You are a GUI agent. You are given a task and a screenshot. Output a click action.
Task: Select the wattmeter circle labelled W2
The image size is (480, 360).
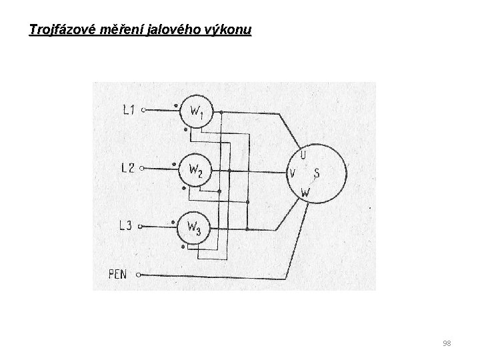pyautogui.click(x=195, y=171)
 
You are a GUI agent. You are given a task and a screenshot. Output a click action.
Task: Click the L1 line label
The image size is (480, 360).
pyautogui.click(x=129, y=110)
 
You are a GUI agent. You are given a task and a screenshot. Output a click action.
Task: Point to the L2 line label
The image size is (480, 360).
pyautogui.click(x=127, y=169)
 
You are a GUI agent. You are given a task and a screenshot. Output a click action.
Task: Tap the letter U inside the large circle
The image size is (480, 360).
pyautogui.click(x=303, y=155)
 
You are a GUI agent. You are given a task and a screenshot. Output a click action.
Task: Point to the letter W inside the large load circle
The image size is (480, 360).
pyautogui.click(x=305, y=193)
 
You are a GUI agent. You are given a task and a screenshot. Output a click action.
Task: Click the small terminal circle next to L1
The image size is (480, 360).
pyautogui.click(x=143, y=111)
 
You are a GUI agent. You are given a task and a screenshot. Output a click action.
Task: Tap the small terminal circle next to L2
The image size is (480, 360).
pyautogui.click(x=141, y=169)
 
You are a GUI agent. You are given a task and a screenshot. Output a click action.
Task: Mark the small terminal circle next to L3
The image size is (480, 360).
pyautogui.click(x=141, y=227)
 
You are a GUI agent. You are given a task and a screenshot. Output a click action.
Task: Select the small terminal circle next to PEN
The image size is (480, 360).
pyautogui.click(x=139, y=273)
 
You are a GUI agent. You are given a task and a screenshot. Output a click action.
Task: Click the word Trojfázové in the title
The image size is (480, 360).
pyautogui.click(x=61, y=31)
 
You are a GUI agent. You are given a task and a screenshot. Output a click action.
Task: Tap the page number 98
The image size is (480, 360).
pyautogui.click(x=447, y=343)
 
